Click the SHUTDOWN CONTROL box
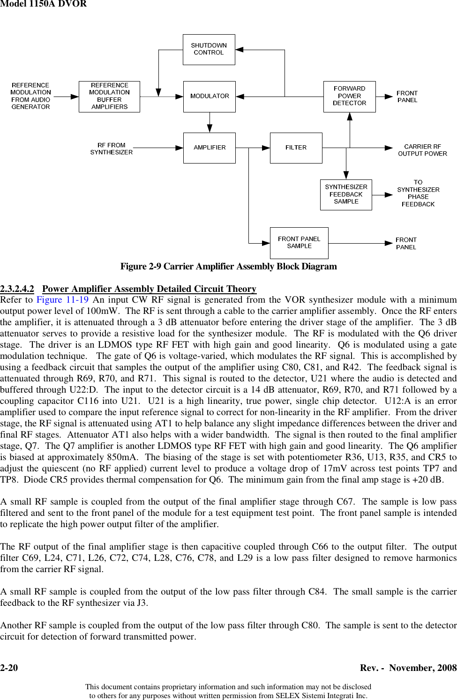pos(209,49)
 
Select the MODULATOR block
pos(209,97)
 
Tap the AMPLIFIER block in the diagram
pos(209,148)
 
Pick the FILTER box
pos(296,148)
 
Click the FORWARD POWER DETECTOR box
pos(349,97)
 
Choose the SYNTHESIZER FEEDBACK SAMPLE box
pos(346,194)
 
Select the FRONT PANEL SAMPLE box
pos(299,243)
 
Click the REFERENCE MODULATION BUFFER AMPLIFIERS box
pos(109,97)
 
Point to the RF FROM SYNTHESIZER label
pos(112,149)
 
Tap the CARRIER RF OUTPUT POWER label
pos(422,150)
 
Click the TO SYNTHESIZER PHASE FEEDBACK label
pos(418,193)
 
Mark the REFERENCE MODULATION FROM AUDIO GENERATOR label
pos(30,96)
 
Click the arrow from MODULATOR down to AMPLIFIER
pos(210,123)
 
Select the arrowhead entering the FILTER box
pos(266,148)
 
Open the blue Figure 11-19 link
pos(62,300)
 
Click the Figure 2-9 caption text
pos(228,266)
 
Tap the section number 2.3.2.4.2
pos(17,289)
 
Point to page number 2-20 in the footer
pos(9,668)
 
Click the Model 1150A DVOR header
pos(43,4)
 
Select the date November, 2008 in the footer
pos(423,668)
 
